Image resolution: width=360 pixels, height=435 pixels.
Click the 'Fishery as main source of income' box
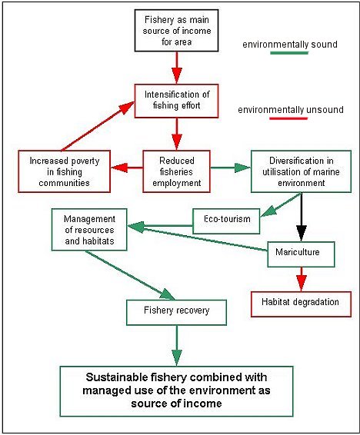coord(176,31)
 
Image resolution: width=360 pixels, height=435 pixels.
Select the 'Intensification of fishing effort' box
coord(176,101)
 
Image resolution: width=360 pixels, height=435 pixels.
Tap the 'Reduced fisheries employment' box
coord(176,171)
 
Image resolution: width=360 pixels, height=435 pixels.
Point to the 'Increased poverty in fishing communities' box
coord(65,171)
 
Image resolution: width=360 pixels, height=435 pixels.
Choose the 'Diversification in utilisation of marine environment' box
coord(302,171)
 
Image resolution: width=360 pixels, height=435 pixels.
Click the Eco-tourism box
coord(226,221)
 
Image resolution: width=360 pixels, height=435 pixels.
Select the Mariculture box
coord(302,254)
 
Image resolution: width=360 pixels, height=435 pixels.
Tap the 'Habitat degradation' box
coord(302,304)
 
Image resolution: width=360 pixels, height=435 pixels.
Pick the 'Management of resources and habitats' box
coord(89,230)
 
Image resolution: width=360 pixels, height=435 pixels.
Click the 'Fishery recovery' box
coord(176,312)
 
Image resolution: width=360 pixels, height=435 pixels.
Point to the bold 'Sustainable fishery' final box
coord(176,391)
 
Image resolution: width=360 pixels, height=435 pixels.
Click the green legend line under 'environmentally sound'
coord(289,53)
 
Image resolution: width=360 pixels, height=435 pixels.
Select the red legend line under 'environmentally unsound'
coord(288,118)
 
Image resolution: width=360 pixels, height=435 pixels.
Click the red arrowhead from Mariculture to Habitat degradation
coord(302,283)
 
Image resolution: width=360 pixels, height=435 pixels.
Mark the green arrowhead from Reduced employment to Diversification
coord(242,168)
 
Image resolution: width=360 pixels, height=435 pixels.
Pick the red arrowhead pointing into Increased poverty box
coord(119,168)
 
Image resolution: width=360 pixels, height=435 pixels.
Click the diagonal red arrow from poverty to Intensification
coord(98,126)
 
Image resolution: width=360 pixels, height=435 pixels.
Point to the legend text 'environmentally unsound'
coord(291,110)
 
